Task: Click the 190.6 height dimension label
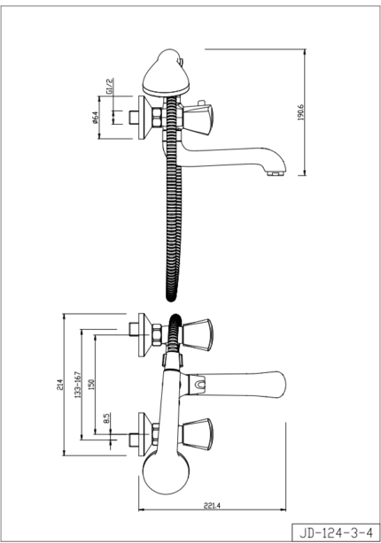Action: click(x=301, y=111)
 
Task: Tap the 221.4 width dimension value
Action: click(x=212, y=506)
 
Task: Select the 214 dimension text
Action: click(x=59, y=385)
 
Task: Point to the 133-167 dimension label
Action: click(x=78, y=385)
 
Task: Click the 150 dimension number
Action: click(x=91, y=385)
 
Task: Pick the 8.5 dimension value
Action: click(x=106, y=418)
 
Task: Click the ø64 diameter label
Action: click(x=95, y=118)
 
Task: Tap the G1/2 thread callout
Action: click(x=109, y=87)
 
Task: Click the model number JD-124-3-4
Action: click(x=336, y=532)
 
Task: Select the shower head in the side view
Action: click(x=166, y=73)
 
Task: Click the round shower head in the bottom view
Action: click(x=166, y=472)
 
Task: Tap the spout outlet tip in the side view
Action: click(x=276, y=172)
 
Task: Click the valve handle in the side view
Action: click(x=198, y=119)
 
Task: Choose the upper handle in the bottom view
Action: click(x=198, y=333)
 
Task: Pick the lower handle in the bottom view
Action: click(x=198, y=434)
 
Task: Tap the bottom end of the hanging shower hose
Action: click(x=171, y=297)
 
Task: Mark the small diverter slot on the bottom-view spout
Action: click(x=200, y=385)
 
